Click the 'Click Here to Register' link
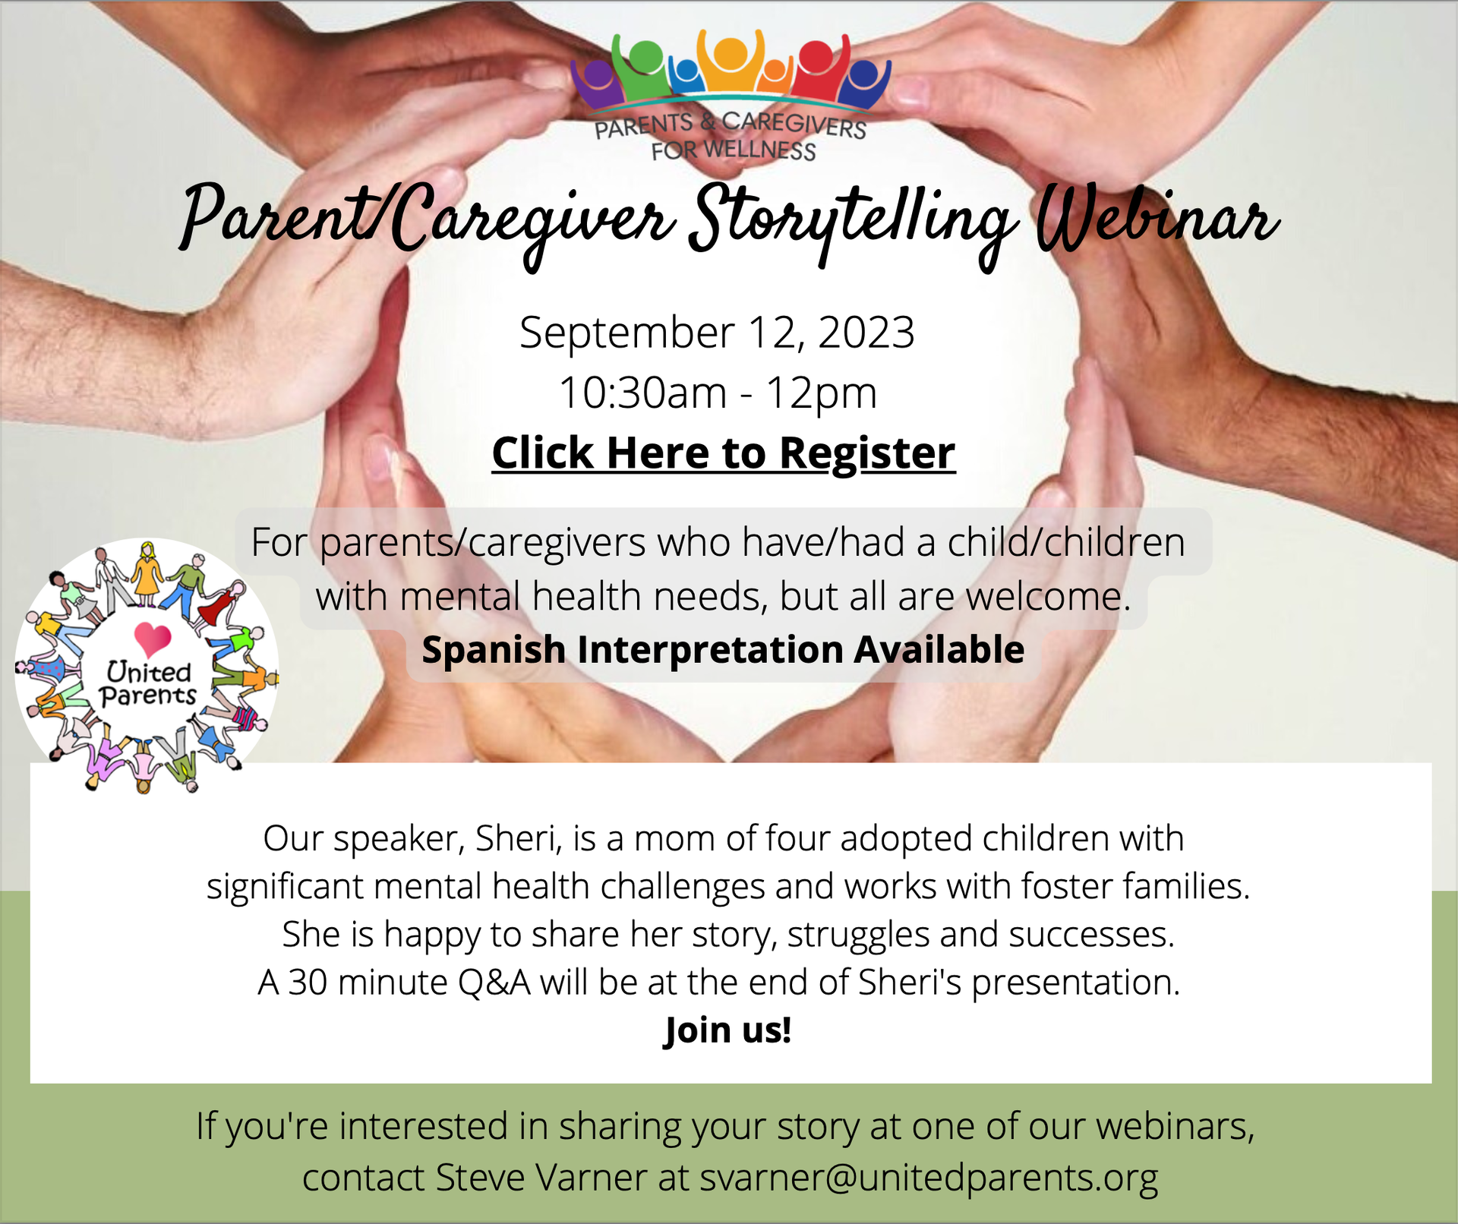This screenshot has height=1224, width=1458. pos(723,453)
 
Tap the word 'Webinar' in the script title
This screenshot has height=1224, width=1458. pos(1157,219)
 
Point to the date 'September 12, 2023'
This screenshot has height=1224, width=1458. pos(717,333)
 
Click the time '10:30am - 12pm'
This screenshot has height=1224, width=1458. pos(718,393)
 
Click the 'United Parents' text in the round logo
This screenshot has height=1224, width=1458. pos(148,683)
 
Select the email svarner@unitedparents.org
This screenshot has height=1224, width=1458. pos(929,1178)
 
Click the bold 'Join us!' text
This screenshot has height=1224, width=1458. pos(727,1030)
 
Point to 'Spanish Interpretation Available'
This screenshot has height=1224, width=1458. pos(723,650)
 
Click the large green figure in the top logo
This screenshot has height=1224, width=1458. pos(644,67)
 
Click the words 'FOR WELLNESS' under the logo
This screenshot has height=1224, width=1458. pos(734,150)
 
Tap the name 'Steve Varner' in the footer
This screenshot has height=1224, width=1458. pos(541,1178)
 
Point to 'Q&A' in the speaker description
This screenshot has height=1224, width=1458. pos(494,983)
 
